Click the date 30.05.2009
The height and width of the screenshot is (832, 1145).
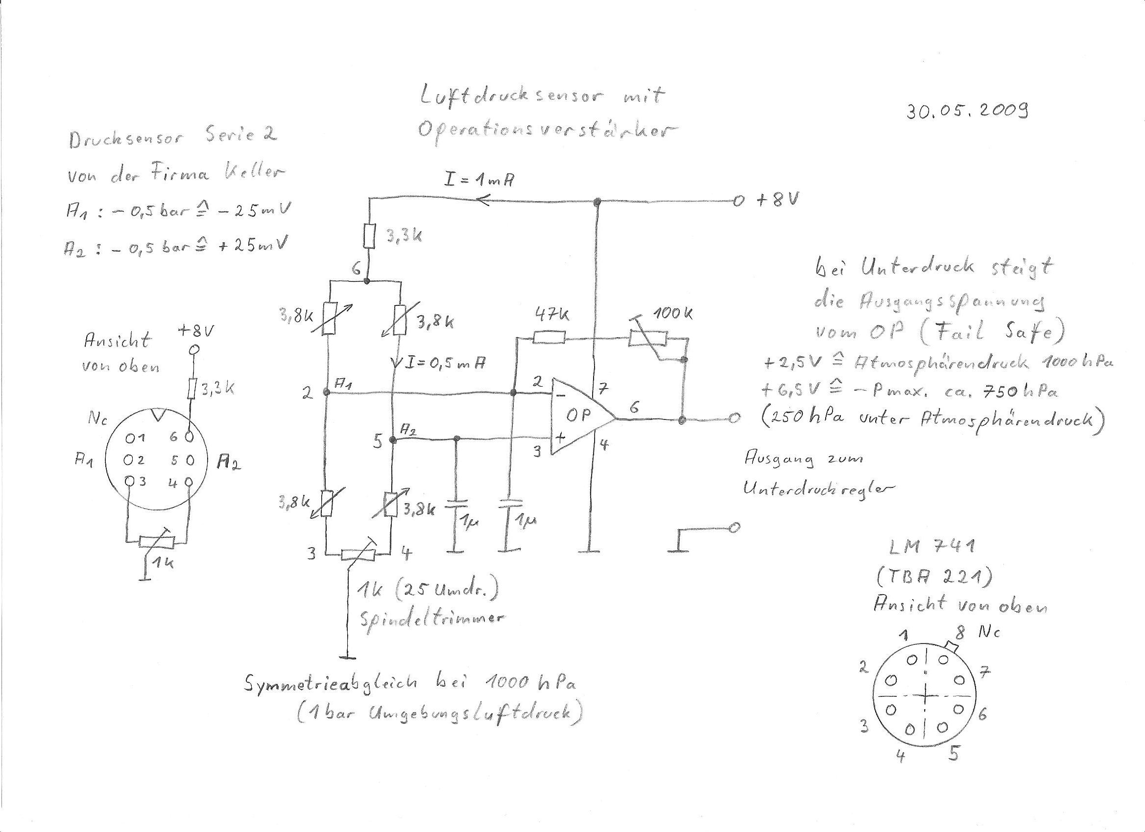click(967, 110)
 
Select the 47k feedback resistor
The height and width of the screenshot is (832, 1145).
click(549, 337)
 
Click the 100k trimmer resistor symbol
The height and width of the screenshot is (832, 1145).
click(647, 339)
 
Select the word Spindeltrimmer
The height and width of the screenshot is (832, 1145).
click(432, 618)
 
